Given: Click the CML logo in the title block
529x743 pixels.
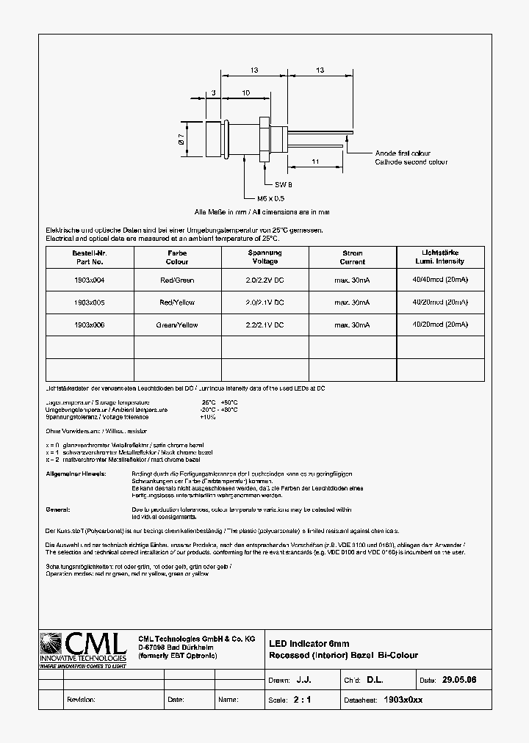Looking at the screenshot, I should point(84,650).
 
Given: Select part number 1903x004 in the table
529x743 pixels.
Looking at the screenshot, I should point(89,280).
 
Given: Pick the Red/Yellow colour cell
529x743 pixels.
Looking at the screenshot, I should point(177,302).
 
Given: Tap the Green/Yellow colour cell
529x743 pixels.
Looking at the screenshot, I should point(177,324).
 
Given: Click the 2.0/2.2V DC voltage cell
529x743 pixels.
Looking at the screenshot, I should point(264,280).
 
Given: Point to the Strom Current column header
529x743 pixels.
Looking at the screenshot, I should point(353,257).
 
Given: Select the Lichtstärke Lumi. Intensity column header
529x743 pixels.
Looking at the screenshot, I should point(440,257).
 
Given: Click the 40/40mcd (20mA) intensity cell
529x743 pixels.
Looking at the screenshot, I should point(440,280).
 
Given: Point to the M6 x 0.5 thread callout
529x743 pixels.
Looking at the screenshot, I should point(270,199).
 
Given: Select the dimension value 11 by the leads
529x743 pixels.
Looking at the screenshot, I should point(314,160).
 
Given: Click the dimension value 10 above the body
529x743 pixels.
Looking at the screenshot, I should point(245,93).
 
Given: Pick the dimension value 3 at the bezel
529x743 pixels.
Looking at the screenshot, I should point(212,93).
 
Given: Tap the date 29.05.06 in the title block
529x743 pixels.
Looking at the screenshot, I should point(459,681).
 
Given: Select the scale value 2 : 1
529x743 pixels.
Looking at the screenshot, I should point(302,700).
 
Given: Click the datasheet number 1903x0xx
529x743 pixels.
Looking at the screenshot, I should point(403,700).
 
